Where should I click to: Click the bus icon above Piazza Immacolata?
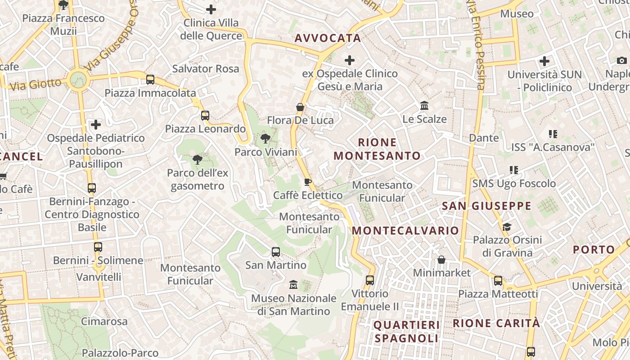point(150,80)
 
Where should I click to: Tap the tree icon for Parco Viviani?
point(265,139)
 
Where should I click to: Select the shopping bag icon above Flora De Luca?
point(300,107)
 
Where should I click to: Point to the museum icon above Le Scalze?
point(424,106)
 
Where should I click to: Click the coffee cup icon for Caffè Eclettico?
point(308,182)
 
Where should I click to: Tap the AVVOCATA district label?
point(328,38)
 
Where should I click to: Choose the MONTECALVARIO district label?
point(405,230)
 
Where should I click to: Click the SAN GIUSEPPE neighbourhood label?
point(486,206)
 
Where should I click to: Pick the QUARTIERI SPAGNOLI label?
point(406,331)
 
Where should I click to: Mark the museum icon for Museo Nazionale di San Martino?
point(293,284)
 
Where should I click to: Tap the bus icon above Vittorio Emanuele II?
point(370,280)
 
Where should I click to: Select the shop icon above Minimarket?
point(441,260)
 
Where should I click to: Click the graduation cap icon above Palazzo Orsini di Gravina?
point(507,227)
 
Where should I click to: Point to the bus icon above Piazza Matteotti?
point(498,281)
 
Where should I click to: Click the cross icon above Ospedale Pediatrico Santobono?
point(96,124)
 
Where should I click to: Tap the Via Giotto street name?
point(35,84)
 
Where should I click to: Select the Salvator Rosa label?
point(206,68)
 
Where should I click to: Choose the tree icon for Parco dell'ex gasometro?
point(197,159)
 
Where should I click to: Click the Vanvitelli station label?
point(99,276)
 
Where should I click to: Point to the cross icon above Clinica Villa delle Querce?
point(211,9)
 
